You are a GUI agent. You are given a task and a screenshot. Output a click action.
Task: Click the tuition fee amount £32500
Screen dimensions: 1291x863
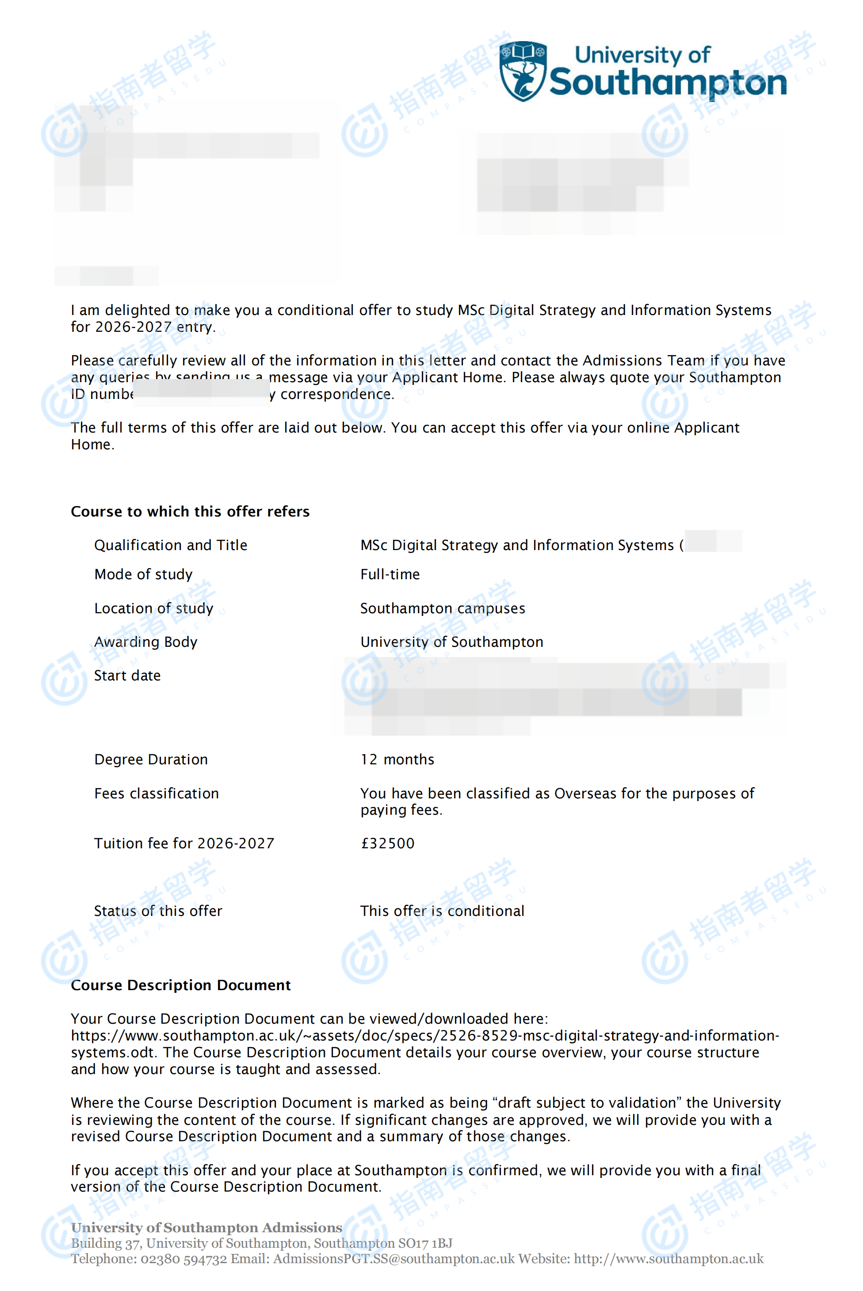pyautogui.click(x=387, y=843)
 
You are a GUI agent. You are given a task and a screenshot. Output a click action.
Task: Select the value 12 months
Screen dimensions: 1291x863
pyautogui.click(x=397, y=759)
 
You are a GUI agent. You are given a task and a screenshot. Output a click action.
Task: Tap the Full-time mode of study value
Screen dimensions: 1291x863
pyautogui.click(x=389, y=574)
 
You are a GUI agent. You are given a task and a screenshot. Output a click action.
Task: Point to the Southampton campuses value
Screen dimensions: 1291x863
pyautogui.click(x=443, y=608)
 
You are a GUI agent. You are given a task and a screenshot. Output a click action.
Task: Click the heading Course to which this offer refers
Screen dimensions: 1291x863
pyautogui.click(x=190, y=512)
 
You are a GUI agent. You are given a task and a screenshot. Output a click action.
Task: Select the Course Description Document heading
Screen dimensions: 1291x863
pyautogui.click(x=180, y=985)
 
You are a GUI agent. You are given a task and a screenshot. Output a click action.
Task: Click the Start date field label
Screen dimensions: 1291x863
pyautogui.click(x=127, y=676)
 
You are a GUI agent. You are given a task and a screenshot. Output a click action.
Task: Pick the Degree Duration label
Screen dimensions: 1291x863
pyautogui.click(x=151, y=759)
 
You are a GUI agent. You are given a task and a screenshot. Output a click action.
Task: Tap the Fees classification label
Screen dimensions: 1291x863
pyautogui.click(x=157, y=793)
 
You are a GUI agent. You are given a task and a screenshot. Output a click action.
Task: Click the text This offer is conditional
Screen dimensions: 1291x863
pyautogui.click(x=442, y=911)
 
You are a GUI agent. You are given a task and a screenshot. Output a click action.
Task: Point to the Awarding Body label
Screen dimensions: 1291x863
pyautogui.click(x=145, y=642)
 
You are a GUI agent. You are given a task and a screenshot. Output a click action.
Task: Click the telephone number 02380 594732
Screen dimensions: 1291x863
pyautogui.click(x=183, y=1259)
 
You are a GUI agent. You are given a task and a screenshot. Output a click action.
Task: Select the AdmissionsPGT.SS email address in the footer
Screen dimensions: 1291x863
pyautogui.click(x=393, y=1259)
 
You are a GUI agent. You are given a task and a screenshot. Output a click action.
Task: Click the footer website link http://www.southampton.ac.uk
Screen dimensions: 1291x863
pyautogui.click(x=668, y=1259)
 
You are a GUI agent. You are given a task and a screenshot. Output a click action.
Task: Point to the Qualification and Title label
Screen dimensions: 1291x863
pyautogui.click(x=171, y=545)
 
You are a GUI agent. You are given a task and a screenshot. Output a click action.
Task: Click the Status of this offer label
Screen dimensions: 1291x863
pyautogui.click(x=158, y=911)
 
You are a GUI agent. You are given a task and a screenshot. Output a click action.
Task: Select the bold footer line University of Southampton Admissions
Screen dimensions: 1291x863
pyautogui.click(x=206, y=1228)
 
